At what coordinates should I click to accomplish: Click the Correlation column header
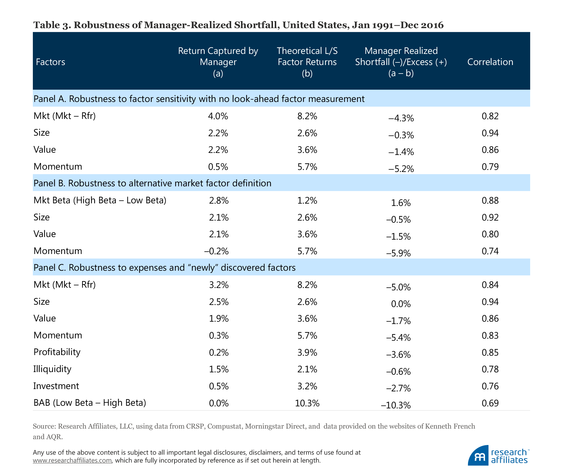click(490, 62)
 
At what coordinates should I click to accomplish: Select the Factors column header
click(50, 62)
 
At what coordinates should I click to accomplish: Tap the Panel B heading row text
click(152, 183)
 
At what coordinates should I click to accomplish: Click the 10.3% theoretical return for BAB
click(307, 403)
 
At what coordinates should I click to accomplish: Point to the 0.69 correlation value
click(490, 403)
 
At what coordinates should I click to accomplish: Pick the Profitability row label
click(57, 352)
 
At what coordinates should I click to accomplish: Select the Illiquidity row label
click(52, 369)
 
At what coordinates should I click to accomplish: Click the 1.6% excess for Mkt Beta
click(401, 203)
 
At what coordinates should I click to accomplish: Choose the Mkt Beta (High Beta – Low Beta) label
click(100, 200)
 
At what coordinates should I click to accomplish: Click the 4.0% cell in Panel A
click(218, 116)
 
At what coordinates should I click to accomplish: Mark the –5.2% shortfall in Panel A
click(401, 169)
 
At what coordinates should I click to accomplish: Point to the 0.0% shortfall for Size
click(401, 304)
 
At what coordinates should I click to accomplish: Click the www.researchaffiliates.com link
click(72, 460)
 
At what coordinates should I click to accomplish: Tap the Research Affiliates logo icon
click(478, 456)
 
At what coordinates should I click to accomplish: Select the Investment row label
click(56, 386)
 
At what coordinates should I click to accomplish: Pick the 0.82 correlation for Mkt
click(490, 116)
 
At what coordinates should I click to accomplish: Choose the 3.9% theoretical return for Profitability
click(307, 352)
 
